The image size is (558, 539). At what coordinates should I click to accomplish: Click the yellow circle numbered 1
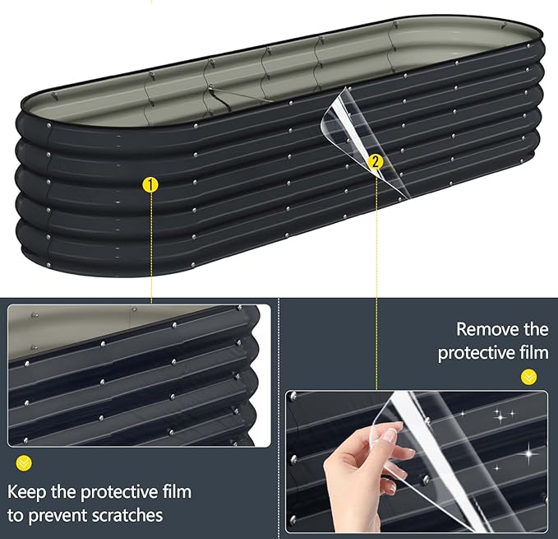[x=150, y=185]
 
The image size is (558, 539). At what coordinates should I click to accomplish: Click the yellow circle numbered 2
[x=376, y=162]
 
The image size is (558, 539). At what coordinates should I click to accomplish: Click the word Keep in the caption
[x=27, y=493]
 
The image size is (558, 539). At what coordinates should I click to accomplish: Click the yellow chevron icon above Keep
[x=24, y=463]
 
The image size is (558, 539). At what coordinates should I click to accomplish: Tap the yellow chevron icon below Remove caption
[x=528, y=377]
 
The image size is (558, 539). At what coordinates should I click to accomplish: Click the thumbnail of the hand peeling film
[x=417, y=462]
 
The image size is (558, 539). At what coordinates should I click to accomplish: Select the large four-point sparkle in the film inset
[x=528, y=453]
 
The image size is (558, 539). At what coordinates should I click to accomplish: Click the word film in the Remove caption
[x=534, y=353]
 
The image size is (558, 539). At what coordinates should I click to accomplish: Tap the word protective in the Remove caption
[x=476, y=354]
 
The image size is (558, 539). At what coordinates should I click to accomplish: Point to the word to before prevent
[x=16, y=516]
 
